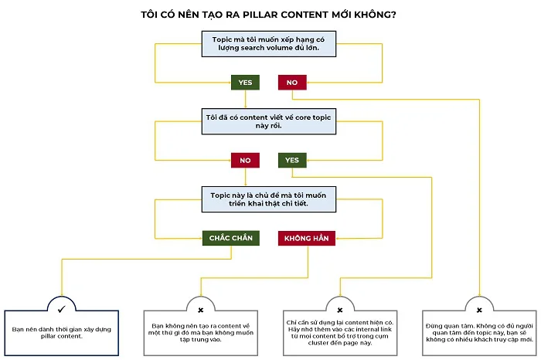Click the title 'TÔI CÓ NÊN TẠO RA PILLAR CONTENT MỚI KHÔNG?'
tap(270, 14)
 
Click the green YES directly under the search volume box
tap(245, 82)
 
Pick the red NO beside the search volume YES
tap(291, 82)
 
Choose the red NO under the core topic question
tap(245, 161)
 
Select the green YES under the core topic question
tap(291, 161)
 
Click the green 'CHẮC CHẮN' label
tap(230, 238)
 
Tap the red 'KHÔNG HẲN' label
tap(307, 238)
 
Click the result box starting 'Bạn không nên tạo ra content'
tap(201, 331)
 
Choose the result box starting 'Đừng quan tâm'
tap(479, 331)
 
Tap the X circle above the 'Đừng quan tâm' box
tap(479, 309)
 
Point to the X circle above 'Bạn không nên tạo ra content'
tap(201, 309)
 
